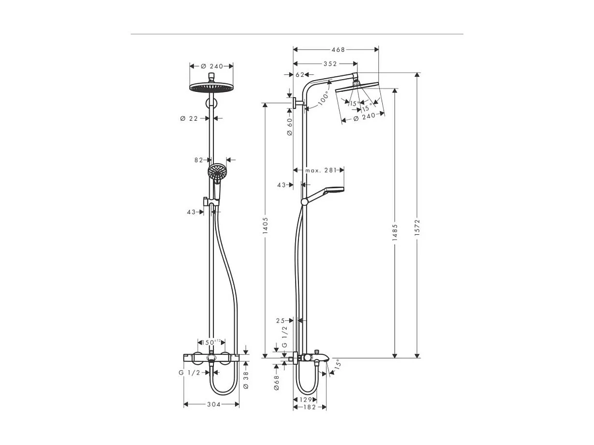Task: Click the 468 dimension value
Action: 338,49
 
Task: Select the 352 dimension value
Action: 330,63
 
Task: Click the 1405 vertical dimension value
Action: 265,226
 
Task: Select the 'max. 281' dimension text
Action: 320,170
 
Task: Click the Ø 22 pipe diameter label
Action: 189,118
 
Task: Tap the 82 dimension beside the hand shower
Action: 199,160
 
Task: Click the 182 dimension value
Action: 310,407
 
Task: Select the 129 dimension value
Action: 306,400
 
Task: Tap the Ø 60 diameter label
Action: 290,127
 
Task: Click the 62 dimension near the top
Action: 300,74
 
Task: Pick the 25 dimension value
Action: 281,320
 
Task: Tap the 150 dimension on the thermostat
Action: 208,342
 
